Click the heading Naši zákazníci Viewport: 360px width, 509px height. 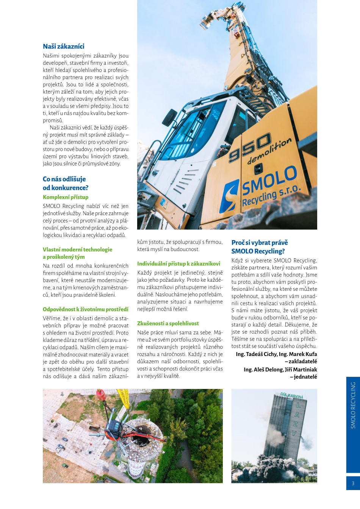coord(64,47)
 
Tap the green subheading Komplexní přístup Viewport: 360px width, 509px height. coord(66,197)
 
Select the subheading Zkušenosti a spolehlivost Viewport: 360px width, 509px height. coord(168,323)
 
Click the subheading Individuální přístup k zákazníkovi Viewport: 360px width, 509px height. coord(178,264)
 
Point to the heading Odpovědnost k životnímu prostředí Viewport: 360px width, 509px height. coord(85,309)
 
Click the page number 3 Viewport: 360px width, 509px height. coord(353,483)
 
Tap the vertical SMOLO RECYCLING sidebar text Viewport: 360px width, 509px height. coord(353,405)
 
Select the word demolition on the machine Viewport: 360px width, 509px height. coord(269,150)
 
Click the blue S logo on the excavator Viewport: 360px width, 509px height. coord(230,196)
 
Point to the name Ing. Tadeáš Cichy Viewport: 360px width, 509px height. coord(256,354)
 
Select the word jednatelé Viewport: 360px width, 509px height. coord(305,377)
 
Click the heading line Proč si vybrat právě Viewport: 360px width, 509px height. coord(260,243)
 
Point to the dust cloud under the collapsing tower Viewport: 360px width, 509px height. coord(273,470)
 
